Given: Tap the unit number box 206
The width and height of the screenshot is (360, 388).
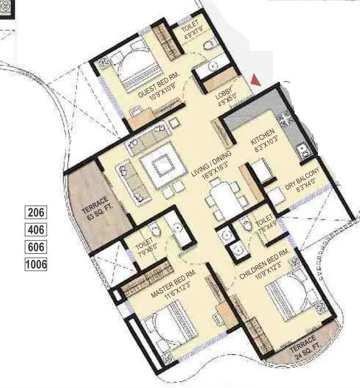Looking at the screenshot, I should click(36, 213).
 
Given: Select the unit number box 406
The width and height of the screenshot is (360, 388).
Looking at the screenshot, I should click(36, 230).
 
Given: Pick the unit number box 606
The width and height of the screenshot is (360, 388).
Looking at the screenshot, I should click(36, 247).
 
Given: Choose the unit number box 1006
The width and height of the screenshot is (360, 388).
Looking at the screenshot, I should click(36, 264).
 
